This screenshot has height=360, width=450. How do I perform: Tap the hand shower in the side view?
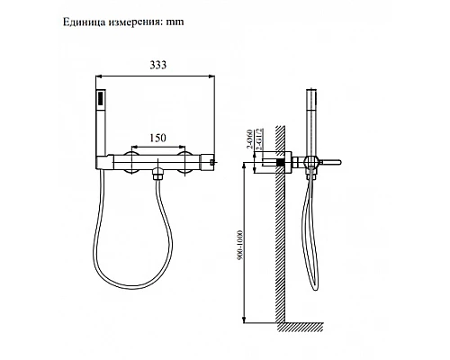click(311, 117)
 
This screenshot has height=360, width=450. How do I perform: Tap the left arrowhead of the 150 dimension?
click(135, 145)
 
